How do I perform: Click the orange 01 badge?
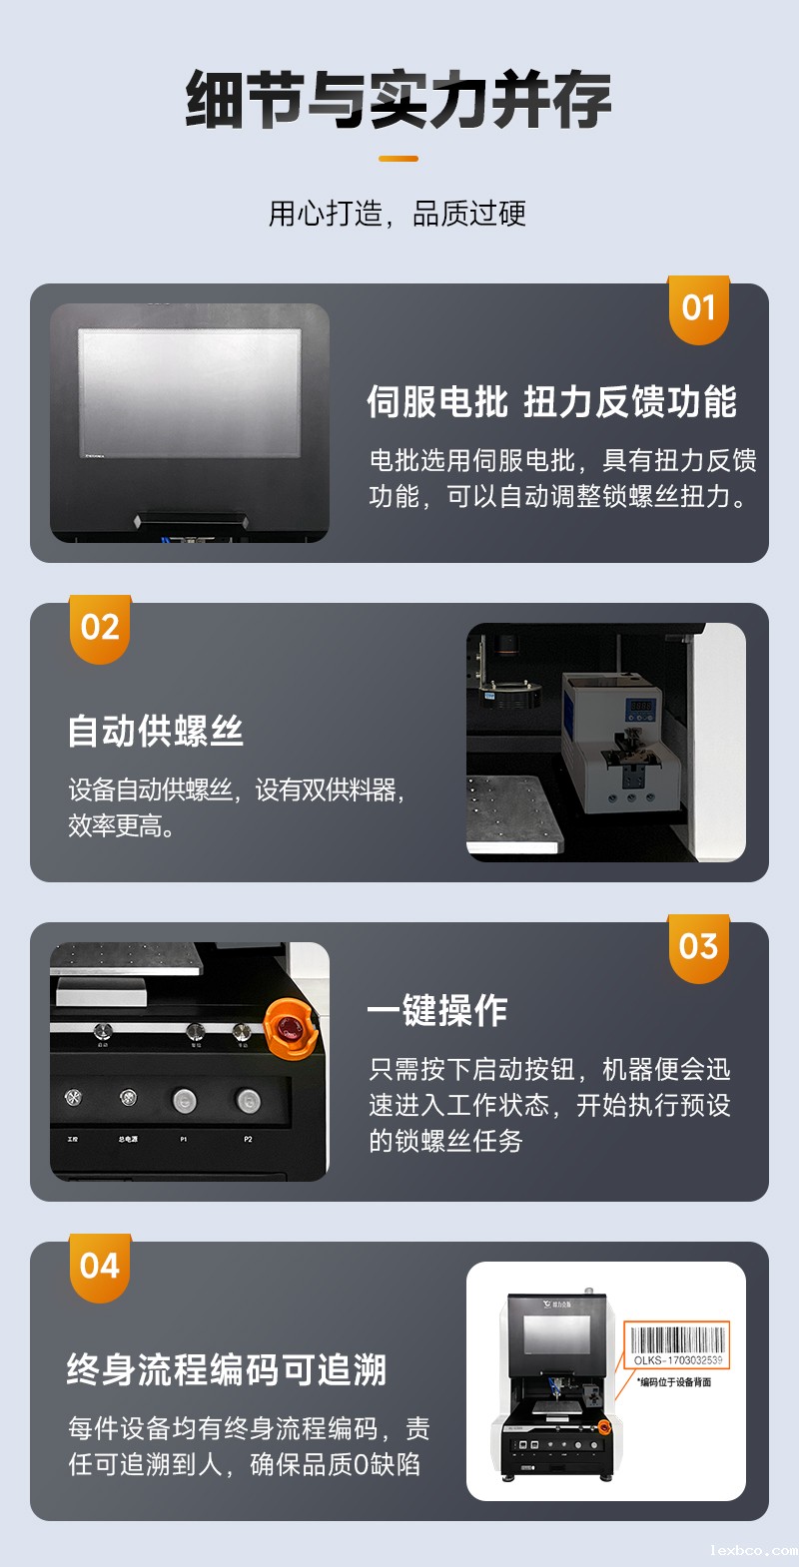pyautogui.click(x=698, y=308)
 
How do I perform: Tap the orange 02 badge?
pyautogui.click(x=100, y=628)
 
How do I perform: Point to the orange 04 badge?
pyautogui.click(x=100, y=1267)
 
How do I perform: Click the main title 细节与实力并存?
pyautogui.click(x=399, y=100)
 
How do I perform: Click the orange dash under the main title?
pyautogui.click(x=399, y=159)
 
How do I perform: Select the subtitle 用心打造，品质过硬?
pyautogui.click(x=398, y=214)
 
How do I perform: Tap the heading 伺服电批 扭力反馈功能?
pyautogui.click(x=551, y=401)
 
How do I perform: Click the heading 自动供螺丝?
pyautogui.click(x=156, y=731)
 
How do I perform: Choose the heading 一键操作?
pyautogui.click(x=437, y=1010)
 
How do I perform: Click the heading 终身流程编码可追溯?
pyautogui.click(x=227, y=1369)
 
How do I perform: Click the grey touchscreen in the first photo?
pyautogui.click(x=190, y=392)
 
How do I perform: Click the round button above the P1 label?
pyautogui.click(x=184, y=1101)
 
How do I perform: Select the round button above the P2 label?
pyautogui.click(x=248, y=1101)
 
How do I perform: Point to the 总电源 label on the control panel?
pyautogui.click(x=128, y=1139)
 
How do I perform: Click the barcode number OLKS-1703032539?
pyautogui.click(x=678, y=1360)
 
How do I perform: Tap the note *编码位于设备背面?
pyautogui.click(x=675, y=1382)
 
